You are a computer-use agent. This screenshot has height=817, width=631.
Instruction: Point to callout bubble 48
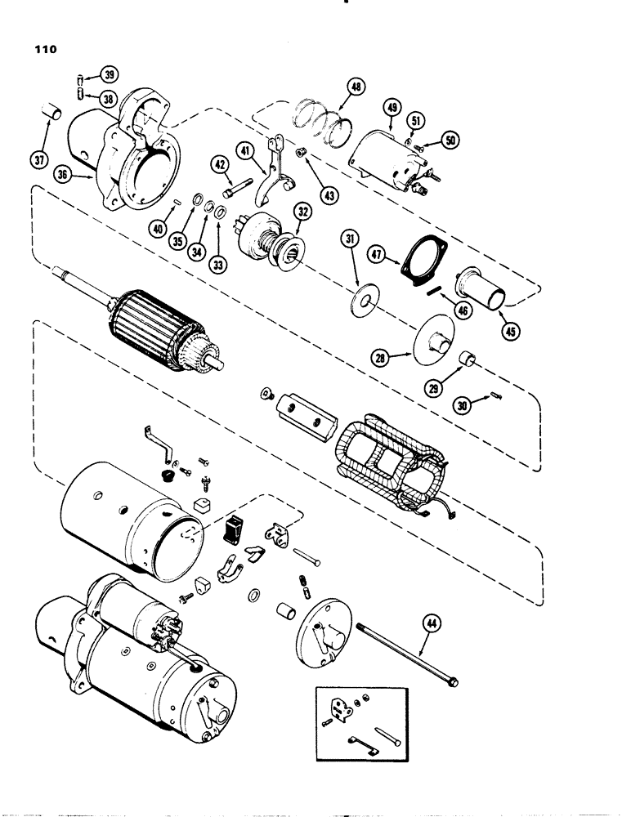(357, 88)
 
